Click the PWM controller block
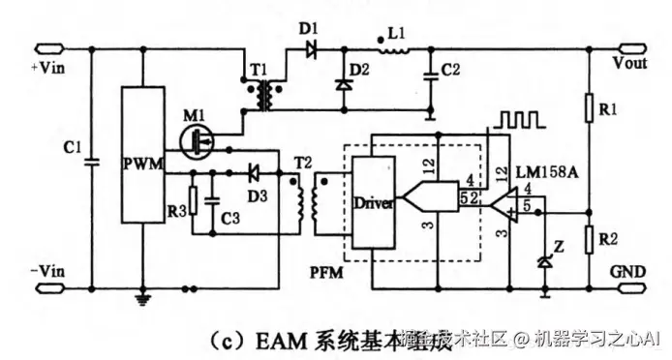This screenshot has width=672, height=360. point(141,156)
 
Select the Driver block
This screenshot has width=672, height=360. point(373,204)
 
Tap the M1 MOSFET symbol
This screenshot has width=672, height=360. point(199,141)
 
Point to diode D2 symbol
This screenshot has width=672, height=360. point(341,83)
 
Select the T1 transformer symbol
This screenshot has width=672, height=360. point(260,95)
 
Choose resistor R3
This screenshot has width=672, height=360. point(193,200)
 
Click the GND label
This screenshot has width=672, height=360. point(630,274)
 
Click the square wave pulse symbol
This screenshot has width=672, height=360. point(514,120)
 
